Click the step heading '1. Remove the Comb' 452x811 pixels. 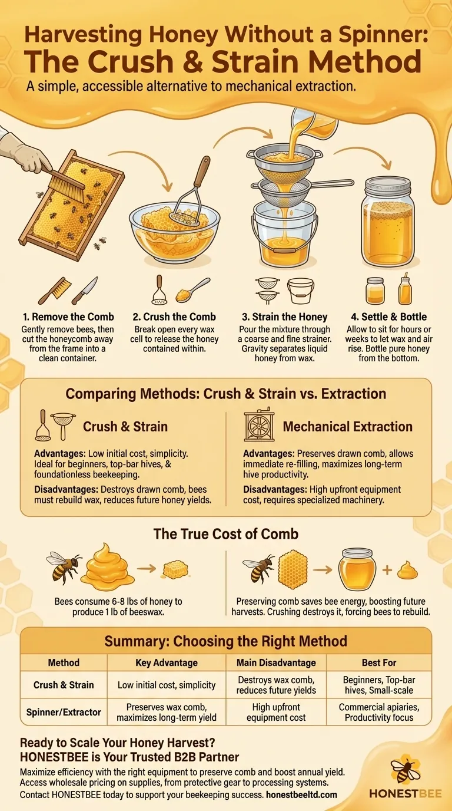(68, 317)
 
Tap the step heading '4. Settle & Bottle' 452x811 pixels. (388, 317)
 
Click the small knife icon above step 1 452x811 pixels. (85, 291)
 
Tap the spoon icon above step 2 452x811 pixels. (192, 291)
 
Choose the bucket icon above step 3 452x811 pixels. (301, 291)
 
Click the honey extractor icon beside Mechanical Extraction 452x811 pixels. (260, 426)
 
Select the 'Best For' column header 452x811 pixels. (379, 662)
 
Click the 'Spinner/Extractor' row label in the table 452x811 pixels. (64, 712)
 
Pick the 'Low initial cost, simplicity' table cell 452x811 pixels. (167, 685)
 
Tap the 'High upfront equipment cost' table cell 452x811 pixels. (276, 712)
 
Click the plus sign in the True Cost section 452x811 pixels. (387, 571)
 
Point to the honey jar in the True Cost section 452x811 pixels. (357, 569)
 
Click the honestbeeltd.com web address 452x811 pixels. (301, 794)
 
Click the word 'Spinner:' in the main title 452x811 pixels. (383, 35)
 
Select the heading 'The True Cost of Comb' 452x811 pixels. (226, 534)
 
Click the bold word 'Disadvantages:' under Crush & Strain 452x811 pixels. (66, 490)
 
